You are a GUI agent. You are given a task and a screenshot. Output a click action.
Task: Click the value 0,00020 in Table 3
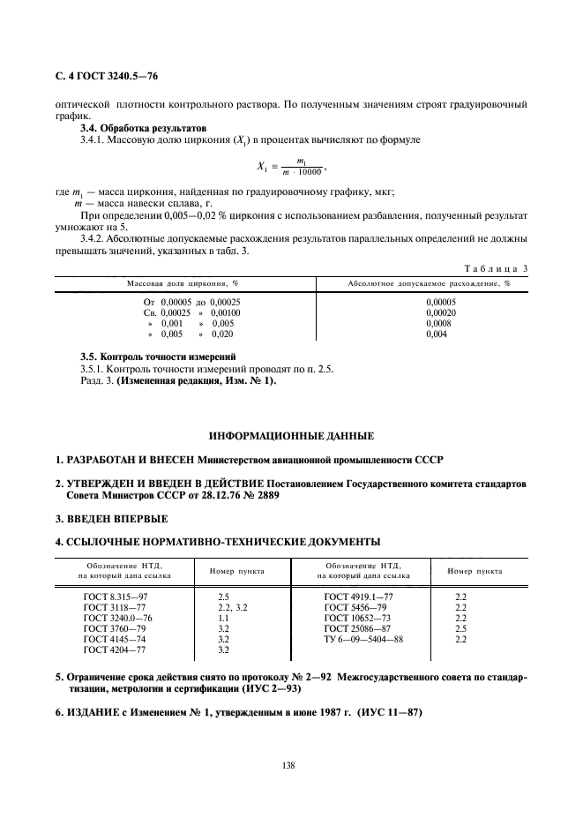tap(441, 312)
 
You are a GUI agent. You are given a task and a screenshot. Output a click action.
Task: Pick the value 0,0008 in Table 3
tap(438, 323)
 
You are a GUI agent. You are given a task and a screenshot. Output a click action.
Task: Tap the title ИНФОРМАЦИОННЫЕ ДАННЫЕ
tap(291, 436)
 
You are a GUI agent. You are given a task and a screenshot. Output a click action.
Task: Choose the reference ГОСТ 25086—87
tap(358, 629)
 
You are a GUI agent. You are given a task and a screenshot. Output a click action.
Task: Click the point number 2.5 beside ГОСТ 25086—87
tap(460, 629)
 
